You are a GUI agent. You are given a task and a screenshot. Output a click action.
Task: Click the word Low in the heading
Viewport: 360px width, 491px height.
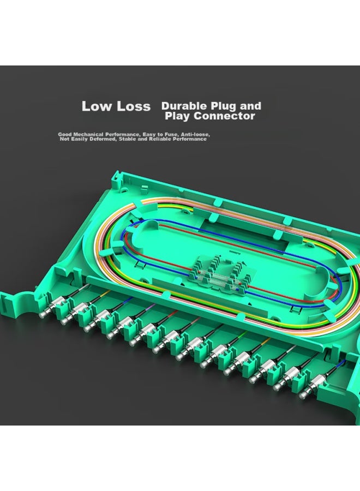pos(97,106)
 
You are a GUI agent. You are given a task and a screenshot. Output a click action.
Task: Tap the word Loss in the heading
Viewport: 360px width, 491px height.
pos(134,106)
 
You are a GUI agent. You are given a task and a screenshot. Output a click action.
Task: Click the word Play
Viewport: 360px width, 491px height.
pos(177,116)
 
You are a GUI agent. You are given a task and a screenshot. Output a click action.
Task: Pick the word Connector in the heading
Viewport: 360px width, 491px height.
pos(224,116)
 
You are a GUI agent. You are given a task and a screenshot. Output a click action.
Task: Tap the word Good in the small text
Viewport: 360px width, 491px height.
pos(64,134)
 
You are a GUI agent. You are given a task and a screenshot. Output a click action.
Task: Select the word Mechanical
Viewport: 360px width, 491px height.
pos(88,134)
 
